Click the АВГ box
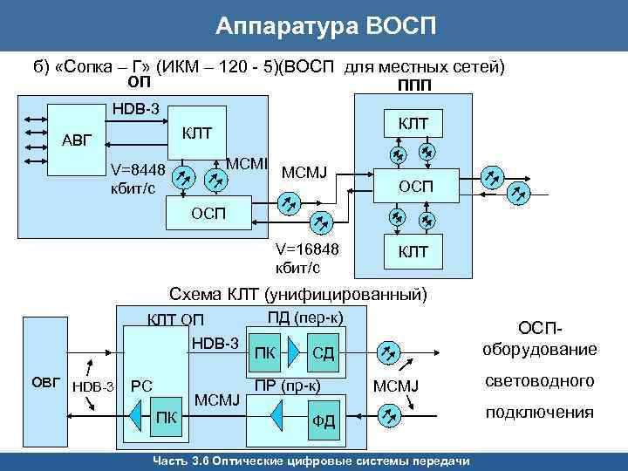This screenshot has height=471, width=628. [79, 140]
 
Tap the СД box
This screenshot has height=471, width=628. [324, 352]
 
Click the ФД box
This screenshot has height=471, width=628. [324, 421]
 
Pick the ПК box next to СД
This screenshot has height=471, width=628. [265, 353]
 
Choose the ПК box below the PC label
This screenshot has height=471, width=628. [166, 416]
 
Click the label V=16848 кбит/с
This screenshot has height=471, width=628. [306, 258]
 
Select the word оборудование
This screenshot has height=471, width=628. [540, 350]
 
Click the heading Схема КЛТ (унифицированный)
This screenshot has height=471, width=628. [298, 295]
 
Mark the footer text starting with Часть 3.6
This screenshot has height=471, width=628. [312, 461]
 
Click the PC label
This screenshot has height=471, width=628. [141, 385]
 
